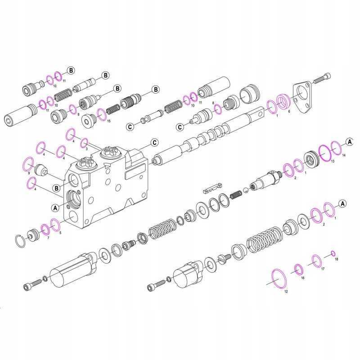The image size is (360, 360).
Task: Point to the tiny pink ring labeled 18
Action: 333,252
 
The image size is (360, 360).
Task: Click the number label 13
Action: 333,161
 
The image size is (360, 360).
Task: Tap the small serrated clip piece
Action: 212,187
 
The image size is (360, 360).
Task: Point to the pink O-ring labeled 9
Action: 28,163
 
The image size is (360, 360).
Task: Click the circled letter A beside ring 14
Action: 349,142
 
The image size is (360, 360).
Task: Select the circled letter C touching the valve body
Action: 154,143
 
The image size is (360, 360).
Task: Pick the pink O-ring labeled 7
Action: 45,229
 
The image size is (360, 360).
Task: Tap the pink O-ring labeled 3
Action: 84,143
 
